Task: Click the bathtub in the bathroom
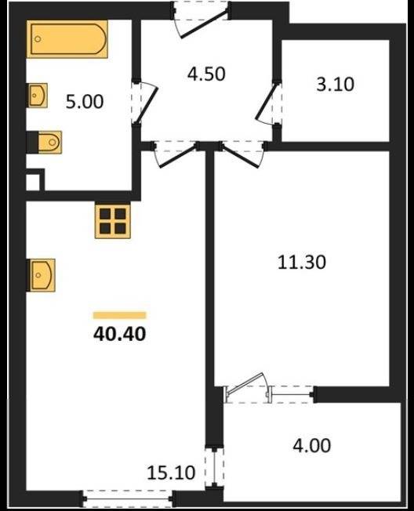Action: (x=67, y=39)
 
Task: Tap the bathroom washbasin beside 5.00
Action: (x=38, y=95)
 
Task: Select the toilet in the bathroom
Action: (x=49, y=142)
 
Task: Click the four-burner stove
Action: (x=112, y=220)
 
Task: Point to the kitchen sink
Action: (x=42, y=275)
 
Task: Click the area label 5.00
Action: (x=85, y=102)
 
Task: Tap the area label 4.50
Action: (x=206, y=74)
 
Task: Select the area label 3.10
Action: (x=335, y=84)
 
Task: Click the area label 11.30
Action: (x=302, y=262)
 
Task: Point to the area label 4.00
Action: (x=311, y=445)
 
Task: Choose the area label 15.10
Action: (x=171, y=473)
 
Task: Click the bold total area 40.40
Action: (x=119, y=334)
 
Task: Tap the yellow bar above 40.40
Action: (x=119, y=315)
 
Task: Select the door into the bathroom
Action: (x=145, y=101)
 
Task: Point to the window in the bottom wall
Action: (x=128, y=498)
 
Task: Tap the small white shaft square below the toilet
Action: (x=33, y=182)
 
